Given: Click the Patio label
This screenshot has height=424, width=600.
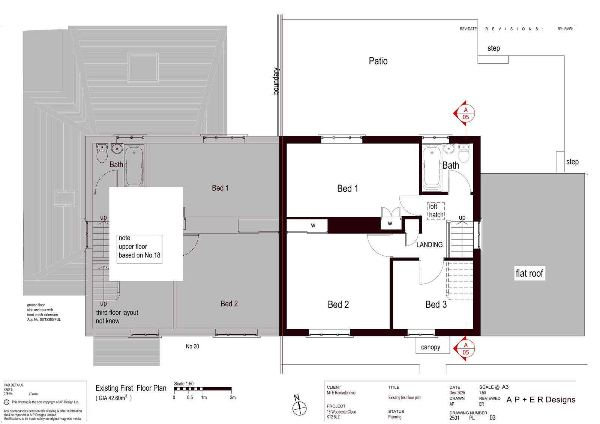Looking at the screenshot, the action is (x=378, y=61).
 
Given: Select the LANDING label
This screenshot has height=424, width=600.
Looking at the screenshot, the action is (x=429, y=244).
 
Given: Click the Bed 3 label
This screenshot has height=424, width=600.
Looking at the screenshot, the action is (x=436, y=304).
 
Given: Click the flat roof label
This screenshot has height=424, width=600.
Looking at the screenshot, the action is (x=529, y=273).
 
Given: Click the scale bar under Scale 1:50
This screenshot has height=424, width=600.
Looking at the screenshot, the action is (x=203, y=389).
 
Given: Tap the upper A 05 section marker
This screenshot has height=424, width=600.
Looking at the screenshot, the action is (x=464, y=113).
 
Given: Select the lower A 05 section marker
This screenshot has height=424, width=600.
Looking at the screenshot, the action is (x=464, y=348).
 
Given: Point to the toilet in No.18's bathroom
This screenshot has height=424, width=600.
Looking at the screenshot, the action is (x=464, y=153).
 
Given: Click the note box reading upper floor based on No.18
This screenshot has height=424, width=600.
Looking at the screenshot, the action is (x=139, y=249).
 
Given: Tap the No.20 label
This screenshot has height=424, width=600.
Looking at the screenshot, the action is (x=192, y=346).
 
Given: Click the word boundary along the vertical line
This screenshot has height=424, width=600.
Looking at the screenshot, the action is (x=276, y=81).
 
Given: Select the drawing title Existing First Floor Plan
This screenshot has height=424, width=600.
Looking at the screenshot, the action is (x=131, y=388).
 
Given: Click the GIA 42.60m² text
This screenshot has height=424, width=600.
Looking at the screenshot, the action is (x=114, y=398).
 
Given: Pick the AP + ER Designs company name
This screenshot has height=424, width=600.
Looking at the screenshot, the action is (x=541, y=400).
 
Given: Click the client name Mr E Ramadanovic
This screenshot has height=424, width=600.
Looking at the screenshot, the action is (x=341, y=393).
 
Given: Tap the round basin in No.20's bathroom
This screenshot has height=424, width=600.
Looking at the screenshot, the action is (x=117, y=148).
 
